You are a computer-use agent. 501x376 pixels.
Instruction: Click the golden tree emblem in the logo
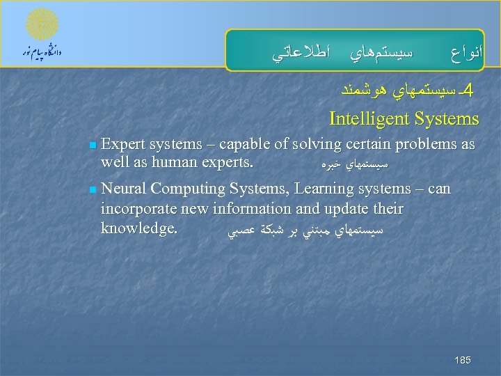[42, 24]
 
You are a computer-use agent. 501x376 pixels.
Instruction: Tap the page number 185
[462, 360]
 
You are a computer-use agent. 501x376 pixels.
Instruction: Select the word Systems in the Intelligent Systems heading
[447, 119]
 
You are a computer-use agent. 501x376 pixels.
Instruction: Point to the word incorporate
[139, 209]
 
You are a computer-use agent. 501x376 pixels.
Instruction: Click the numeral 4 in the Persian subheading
[467, 91]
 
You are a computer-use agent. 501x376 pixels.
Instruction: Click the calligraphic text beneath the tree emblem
[42, 52]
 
